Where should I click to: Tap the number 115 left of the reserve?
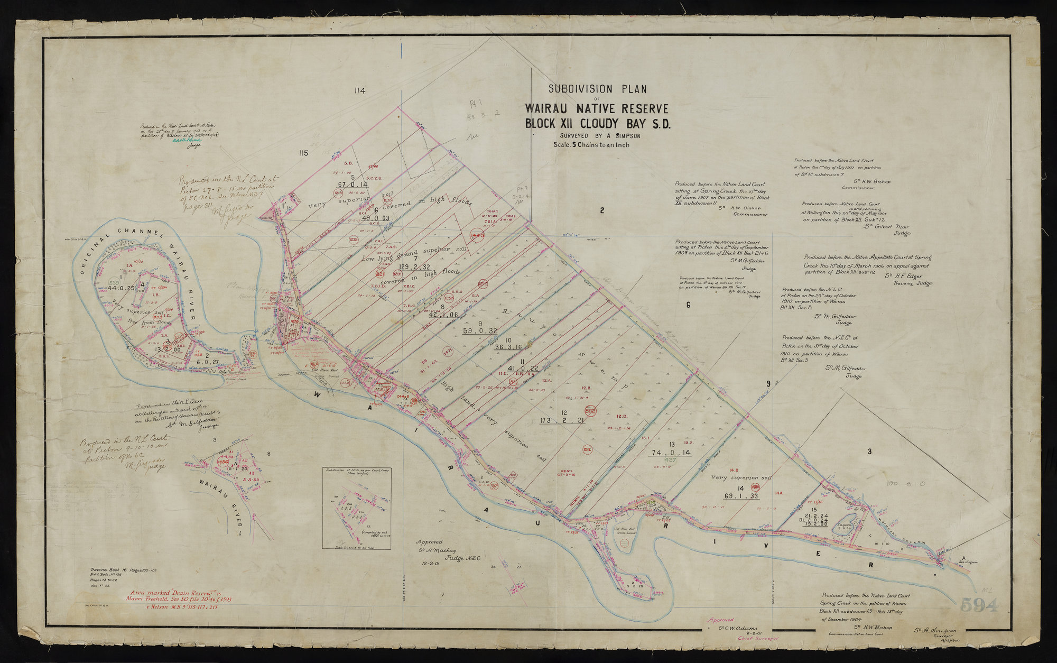tap(302, 153)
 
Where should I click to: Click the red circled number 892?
tap(590, 410)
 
